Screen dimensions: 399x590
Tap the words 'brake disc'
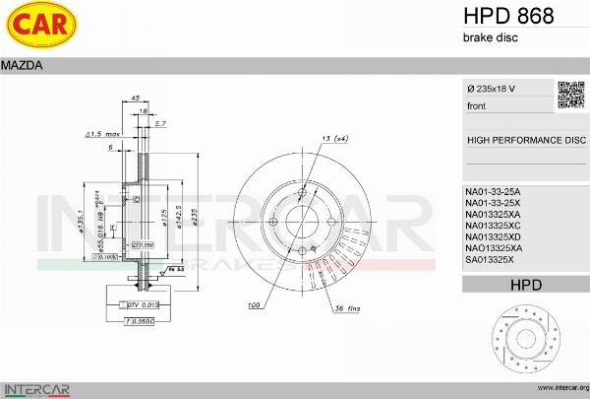click(491, 37)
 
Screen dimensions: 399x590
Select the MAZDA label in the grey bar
click(21, 66)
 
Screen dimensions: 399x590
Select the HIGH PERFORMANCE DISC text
click(526, 141)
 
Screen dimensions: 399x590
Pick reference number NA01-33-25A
click(493, 190)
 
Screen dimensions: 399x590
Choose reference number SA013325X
click(491, 260)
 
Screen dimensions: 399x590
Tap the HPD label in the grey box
click(526, 285)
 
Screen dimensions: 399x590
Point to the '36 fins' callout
click(346, 308)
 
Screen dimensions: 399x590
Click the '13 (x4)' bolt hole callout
click(333, 138)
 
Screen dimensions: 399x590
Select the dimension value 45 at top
click(136, 99)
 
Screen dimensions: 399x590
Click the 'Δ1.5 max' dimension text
click(102, 133)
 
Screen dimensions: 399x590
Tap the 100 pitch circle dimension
click(255, 305)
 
